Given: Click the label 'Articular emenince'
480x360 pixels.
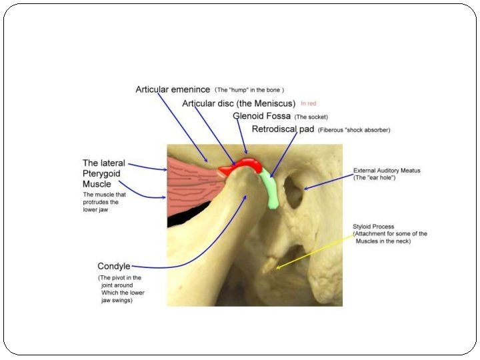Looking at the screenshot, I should (x=173, y=89).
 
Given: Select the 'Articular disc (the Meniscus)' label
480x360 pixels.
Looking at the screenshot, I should (x=239, y=103).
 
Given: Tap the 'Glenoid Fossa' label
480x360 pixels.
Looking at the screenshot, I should (x=262, y=116).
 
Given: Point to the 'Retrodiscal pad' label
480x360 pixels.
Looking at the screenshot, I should (x=283, y=129).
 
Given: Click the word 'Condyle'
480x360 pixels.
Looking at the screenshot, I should (x=114, y=266).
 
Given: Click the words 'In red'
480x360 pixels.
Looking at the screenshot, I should (x=309, y=104).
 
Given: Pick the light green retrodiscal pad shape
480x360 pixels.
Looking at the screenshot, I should (x=271, y=189).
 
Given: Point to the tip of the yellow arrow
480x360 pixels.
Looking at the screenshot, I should (x=277, y=268).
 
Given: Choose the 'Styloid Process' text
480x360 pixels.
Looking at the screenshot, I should (x=374, y=227).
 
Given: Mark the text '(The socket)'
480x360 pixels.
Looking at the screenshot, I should (x=311, y=117).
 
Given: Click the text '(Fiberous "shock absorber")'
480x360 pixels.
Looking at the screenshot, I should (x=354, y=129).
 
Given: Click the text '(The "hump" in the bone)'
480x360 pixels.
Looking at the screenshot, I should (x=249, y=89).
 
